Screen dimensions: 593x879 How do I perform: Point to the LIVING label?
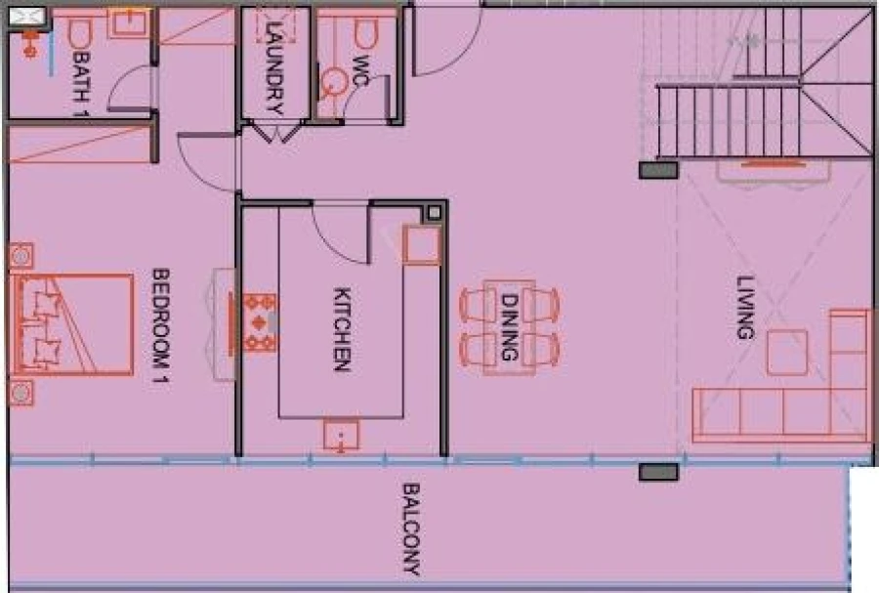coord(746,308)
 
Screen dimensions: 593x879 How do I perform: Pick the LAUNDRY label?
coord(274,67)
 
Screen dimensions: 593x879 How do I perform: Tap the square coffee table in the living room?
coord(786,352)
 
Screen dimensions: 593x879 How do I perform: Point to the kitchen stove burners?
coord(259,323)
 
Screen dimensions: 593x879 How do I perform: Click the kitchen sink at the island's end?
coord(341,434)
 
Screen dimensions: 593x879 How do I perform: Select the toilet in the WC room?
coord(365,36)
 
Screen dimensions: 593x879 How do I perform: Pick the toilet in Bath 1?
coord(79,36)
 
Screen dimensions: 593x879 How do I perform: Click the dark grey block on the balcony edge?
coord(658,473)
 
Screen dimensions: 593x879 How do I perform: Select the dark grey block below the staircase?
coord(658,170)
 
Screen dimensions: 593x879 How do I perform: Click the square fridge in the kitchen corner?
coord(421,244)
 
